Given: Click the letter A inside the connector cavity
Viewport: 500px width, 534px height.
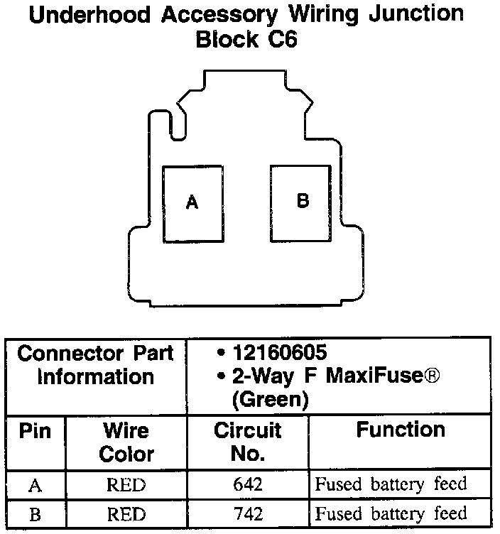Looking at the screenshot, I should pyautogui.click(x=192, y=203).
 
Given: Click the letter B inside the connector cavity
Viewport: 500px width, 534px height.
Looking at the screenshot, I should pyautogui.click(x=303, y=201).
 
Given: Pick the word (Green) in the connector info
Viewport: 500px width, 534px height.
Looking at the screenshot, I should pyautogui.click(x=270, y=399).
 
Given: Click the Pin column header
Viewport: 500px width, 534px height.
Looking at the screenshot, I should pyautogui.click(x=35, y=431).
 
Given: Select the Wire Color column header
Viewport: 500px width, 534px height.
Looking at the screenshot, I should pyautogui.click(x=126, y=442).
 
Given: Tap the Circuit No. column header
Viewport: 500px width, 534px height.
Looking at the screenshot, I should pyautogui.click(x=247, y=442).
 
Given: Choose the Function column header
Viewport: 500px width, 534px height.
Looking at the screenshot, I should pyautogui.click(x=401, y=430).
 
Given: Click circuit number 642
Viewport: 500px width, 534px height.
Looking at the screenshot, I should pyautogui.click(x=247, y=485).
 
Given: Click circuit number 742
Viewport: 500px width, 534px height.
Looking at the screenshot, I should pyautogui.click(x=247, y=513).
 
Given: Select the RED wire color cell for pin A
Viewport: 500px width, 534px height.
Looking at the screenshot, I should pyautogui.click(x=126, y=485).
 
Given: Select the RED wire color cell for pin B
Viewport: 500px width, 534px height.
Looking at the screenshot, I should pyautogui.click(x=126, y=513).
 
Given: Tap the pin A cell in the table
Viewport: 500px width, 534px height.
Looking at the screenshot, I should pyautogui.click(x=34, y=486).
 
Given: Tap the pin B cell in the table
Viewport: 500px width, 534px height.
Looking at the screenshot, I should pyautogui.click(x=34, y=513).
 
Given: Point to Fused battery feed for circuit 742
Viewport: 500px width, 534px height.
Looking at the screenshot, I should pyautogui.click(x=391, y=513).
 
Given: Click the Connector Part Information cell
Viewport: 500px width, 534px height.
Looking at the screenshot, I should pyautogui.click(x=95, y=364).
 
